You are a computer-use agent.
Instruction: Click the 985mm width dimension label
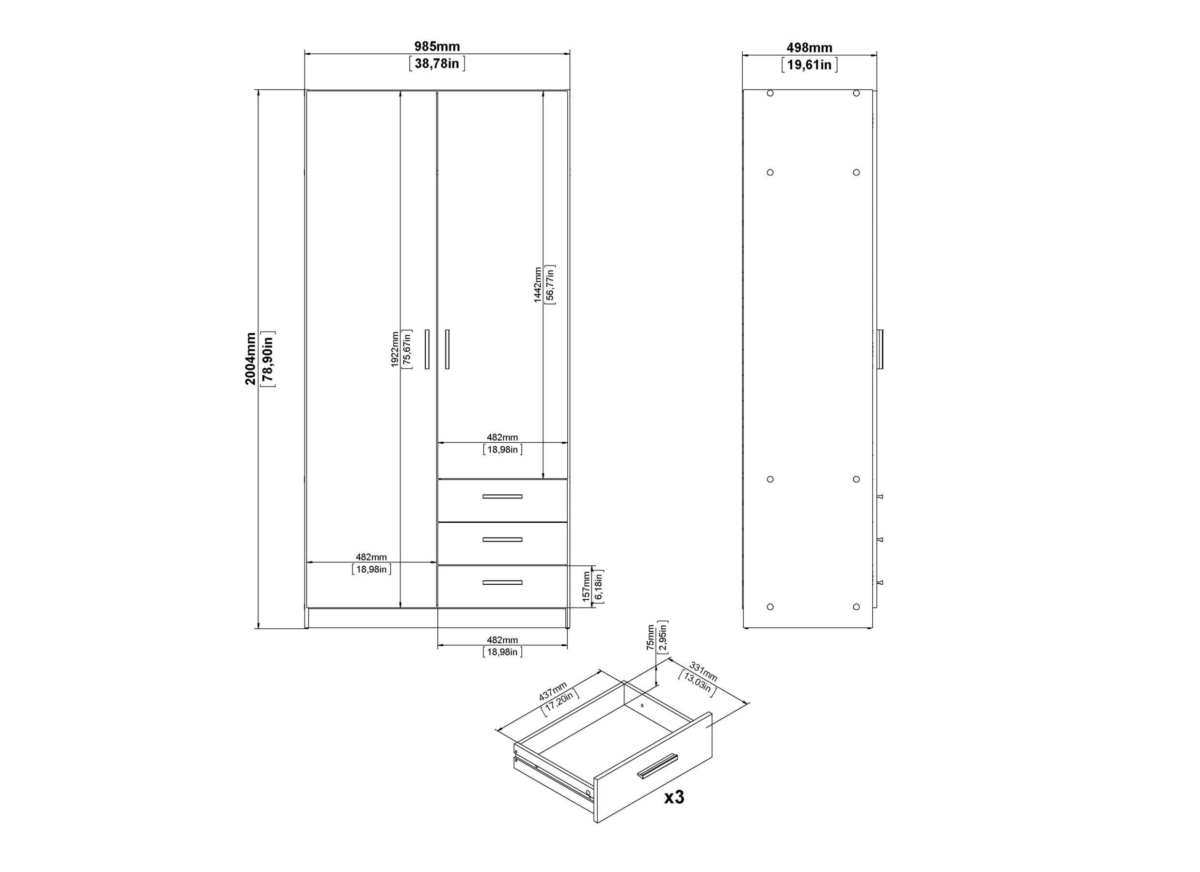coord(437,47)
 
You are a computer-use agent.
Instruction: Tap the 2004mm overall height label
coord(250,358)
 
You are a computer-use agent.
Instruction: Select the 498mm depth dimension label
coord(810,47)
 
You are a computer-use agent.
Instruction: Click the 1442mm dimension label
coord(538,284)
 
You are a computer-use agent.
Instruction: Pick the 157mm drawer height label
coord(586,586)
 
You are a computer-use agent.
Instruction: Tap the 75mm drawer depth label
coord(650,637)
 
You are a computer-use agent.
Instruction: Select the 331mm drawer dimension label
coord(703,671)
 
